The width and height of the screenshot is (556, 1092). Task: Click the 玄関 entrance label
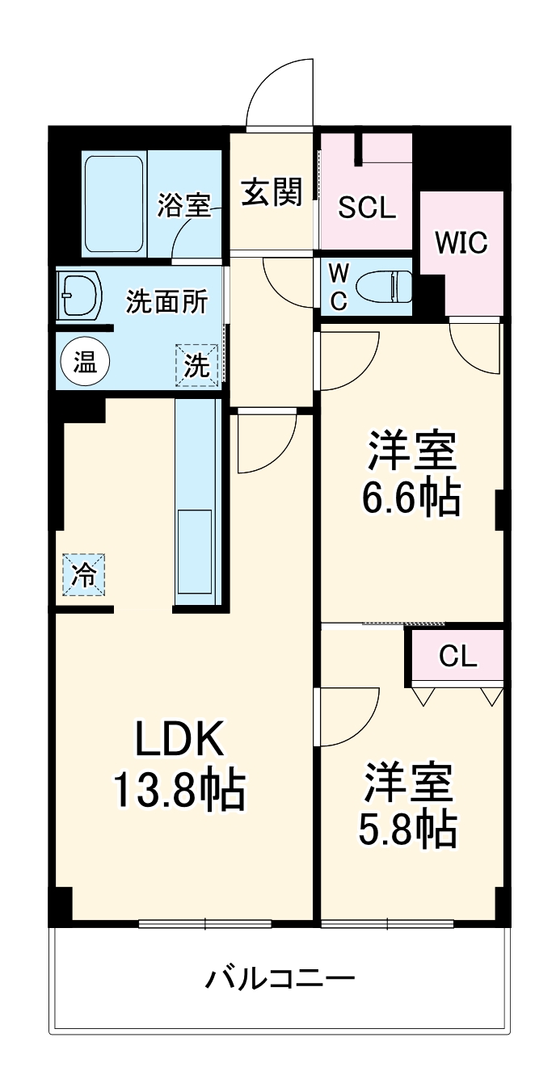[272, 193]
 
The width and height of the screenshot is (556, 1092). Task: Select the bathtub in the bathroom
[116, 204]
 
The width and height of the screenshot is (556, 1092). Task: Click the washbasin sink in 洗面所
[81, 295]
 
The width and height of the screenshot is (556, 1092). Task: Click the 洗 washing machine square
[198, 365]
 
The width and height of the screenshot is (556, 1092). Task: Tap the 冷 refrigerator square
[85, 574]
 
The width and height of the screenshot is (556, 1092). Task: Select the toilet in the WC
[383, 287]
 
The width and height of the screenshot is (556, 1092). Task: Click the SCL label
[367, 208]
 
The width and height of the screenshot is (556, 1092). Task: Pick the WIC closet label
[461, 241]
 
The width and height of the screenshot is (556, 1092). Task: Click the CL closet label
[458, 657]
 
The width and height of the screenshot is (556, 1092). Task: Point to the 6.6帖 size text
[411, 498]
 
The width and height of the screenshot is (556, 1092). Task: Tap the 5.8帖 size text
[408, 828]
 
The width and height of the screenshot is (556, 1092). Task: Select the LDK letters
[177, 738]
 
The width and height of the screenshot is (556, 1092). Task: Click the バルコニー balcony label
[280, 980]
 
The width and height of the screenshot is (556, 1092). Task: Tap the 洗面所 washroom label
[167, 301]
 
